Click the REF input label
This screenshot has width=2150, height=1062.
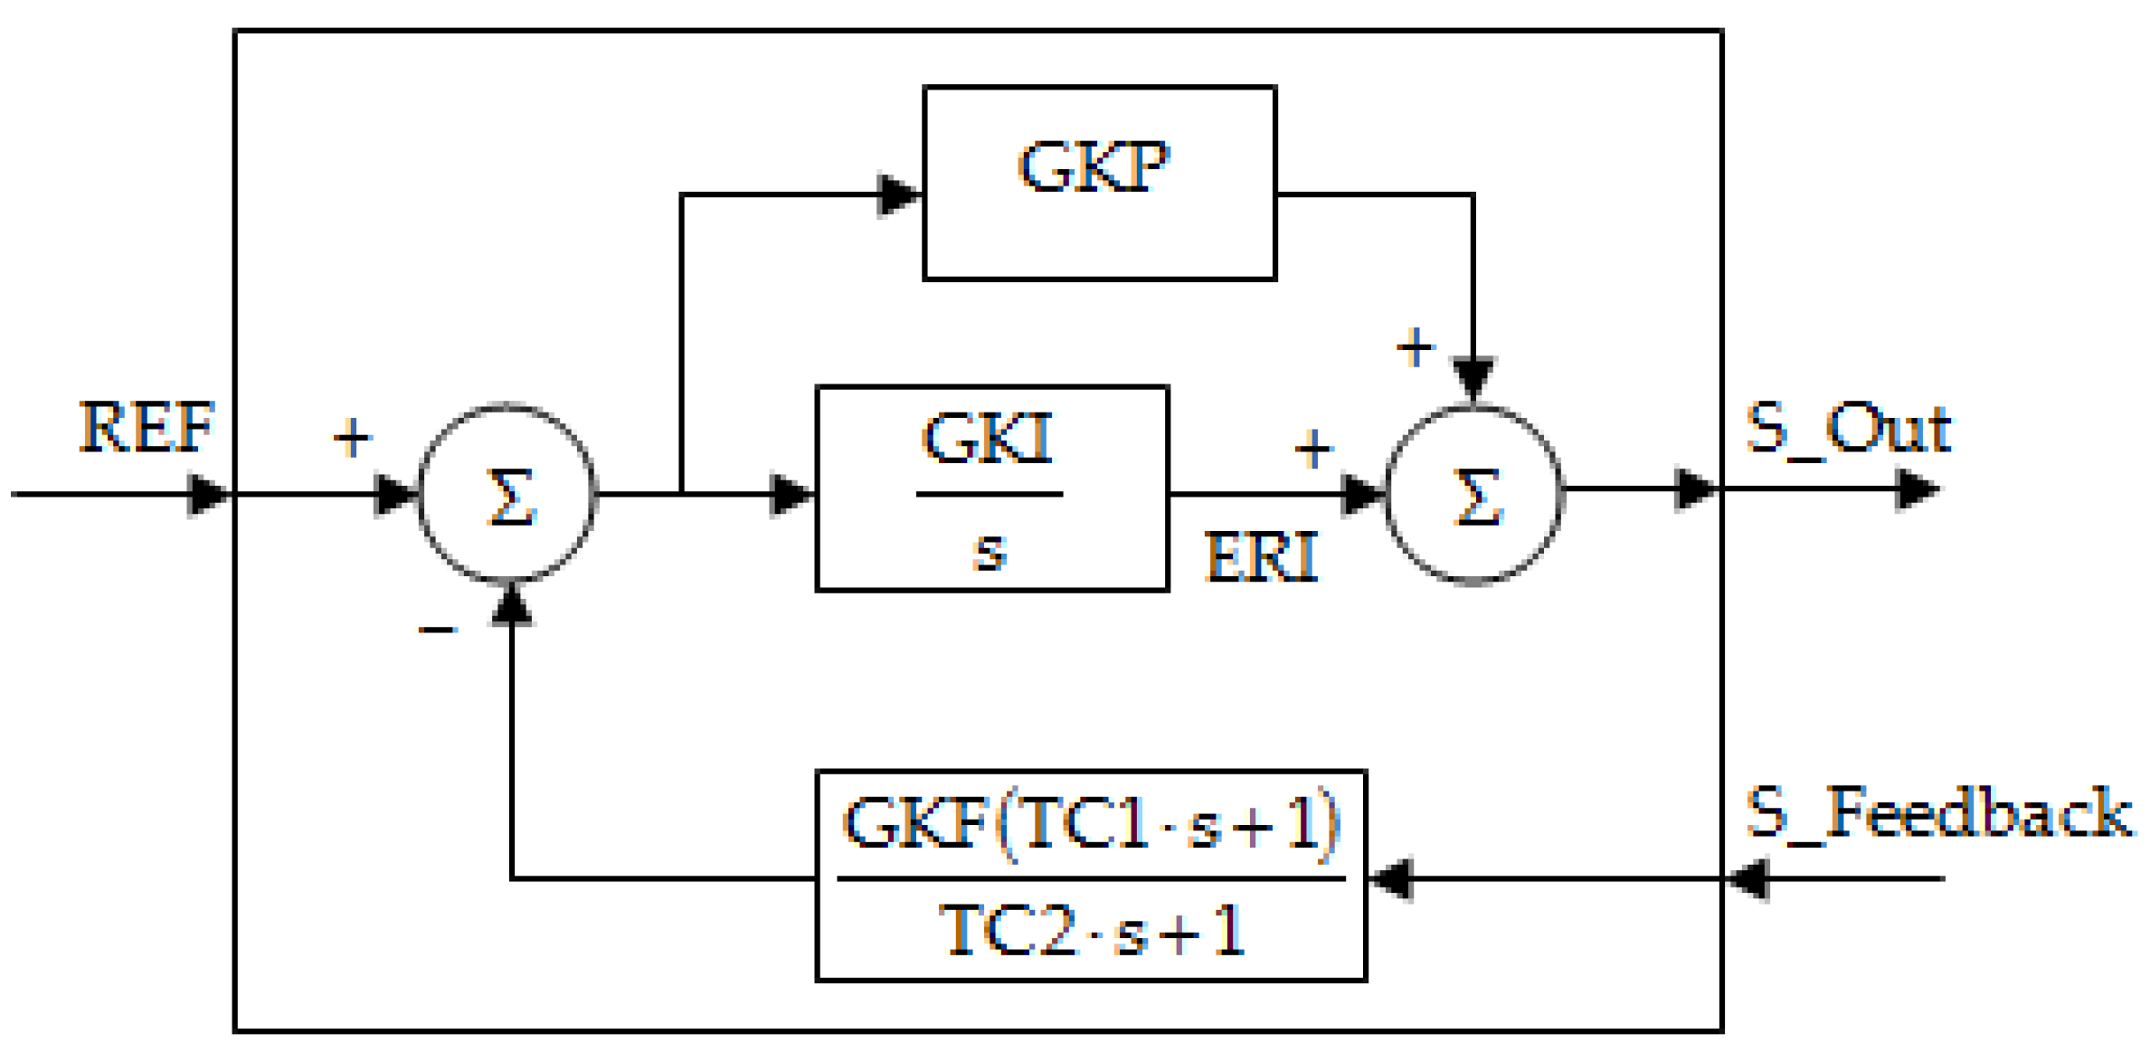(x=147, y=428)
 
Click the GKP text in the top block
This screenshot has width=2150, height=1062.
(x=1094, y=167)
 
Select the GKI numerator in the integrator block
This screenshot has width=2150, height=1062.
(x=988, y=439)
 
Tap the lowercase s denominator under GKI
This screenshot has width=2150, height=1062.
(x=990, y=550)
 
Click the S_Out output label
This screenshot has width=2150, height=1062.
(x=1848, y=429)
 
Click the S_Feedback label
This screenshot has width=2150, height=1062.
(x=1938, y=813)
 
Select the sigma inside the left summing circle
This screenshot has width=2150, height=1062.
(x=510, y=497)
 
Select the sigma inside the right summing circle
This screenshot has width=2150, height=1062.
(x=1476, y=497)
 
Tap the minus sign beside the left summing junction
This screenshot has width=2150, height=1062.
(x=438, y=631)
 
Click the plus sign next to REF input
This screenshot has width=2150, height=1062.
(x=352, y=439)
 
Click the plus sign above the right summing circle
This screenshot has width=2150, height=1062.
(x=1416, y=347)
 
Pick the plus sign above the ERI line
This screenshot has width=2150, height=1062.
(x=1313, y=449)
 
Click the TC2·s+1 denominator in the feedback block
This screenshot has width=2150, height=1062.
(x=1092, y=932)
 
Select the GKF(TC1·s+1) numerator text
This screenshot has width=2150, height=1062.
(x=1091, y=823)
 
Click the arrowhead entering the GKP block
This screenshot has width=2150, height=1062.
(x=899, y=195)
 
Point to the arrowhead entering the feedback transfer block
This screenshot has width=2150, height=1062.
(x=1391, y=879)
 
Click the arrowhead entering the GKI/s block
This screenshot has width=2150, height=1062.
(x=791, y=496)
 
